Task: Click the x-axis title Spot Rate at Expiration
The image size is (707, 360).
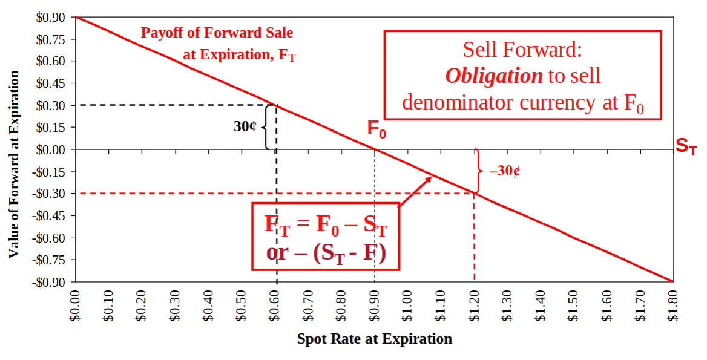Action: click(x=374, y=339)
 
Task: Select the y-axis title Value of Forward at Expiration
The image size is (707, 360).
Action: click(x=13, y=165)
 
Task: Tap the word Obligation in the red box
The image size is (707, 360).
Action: click(x=494, y=76)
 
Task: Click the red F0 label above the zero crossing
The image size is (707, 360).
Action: click(x=377, y=128)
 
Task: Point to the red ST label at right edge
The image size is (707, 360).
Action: click(x=686, y=146)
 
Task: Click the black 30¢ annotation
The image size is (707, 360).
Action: click(x=245, y=127)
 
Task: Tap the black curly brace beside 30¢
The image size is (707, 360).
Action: click(x=265, y=127)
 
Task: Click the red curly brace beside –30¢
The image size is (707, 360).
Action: click(x=478, y=171)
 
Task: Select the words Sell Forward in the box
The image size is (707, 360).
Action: click(x=522, y=49)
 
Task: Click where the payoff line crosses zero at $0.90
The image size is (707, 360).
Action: click(x=375, y=149)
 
